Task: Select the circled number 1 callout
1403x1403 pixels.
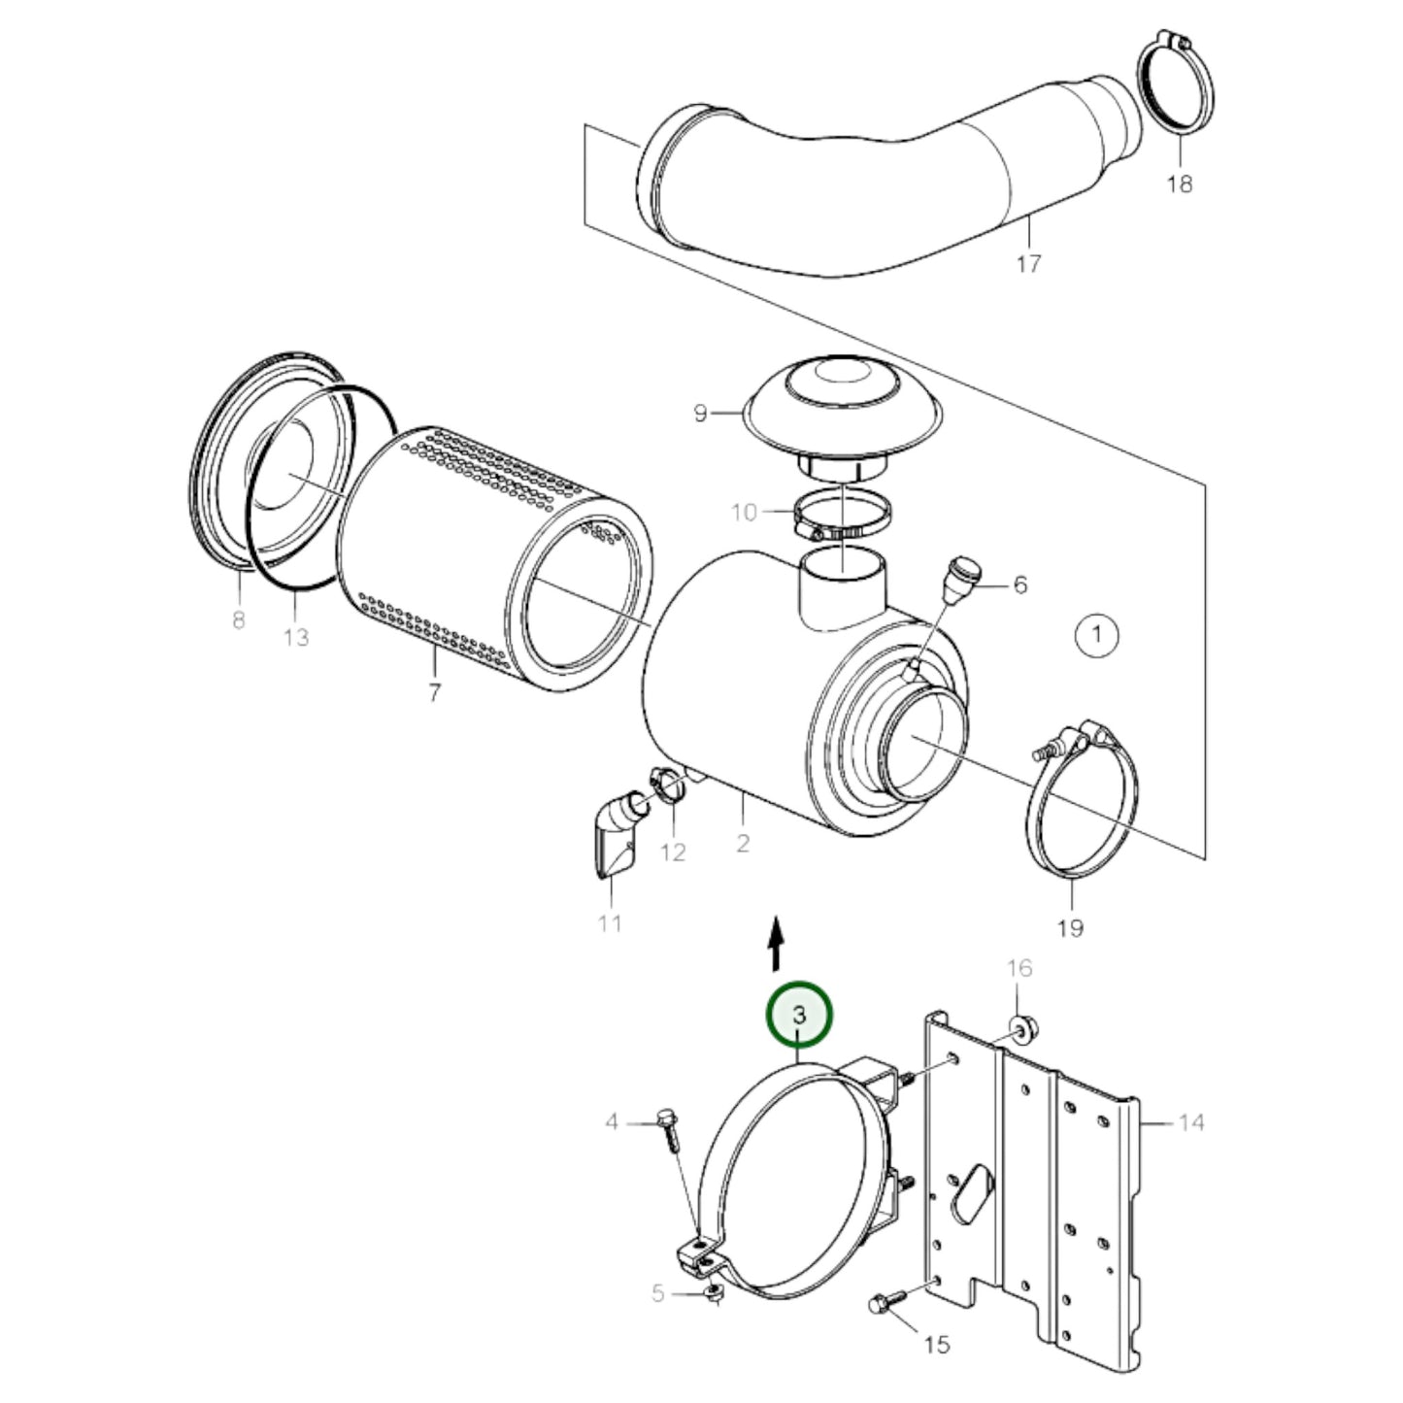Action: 1097,636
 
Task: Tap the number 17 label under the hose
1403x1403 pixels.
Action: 1027,262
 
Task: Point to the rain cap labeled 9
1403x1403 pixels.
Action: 841,397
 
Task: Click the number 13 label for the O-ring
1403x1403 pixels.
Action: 296,637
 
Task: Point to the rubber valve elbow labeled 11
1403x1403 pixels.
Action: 617,835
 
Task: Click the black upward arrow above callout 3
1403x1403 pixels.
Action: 774,947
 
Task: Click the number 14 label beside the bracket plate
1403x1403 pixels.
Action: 1191,1122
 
